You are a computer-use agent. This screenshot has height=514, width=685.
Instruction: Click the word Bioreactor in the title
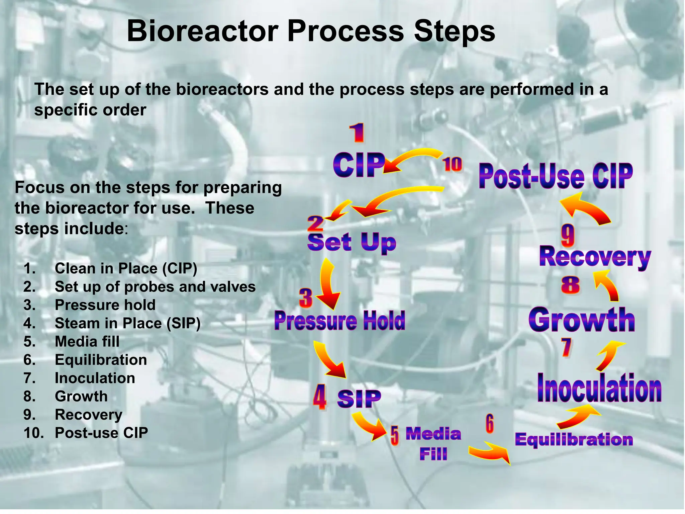[202, 31]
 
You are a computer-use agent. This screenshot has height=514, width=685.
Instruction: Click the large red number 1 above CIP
[357, 133]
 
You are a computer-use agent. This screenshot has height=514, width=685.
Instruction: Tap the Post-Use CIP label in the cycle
[556, 176]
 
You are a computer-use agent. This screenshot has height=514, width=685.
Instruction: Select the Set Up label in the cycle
[352, 242]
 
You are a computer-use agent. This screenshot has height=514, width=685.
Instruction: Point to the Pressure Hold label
[339, 320]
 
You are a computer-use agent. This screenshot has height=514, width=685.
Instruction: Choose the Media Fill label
[433, 444]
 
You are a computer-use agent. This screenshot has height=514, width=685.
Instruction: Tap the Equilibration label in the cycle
[574, 439]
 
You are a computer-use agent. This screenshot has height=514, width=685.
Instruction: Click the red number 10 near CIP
[452, 165]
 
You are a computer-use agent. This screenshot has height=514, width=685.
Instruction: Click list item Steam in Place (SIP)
[127, 323]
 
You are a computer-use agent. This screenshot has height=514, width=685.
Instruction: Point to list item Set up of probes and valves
[155, 287]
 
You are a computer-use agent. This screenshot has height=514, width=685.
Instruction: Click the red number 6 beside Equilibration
[489, 424]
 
